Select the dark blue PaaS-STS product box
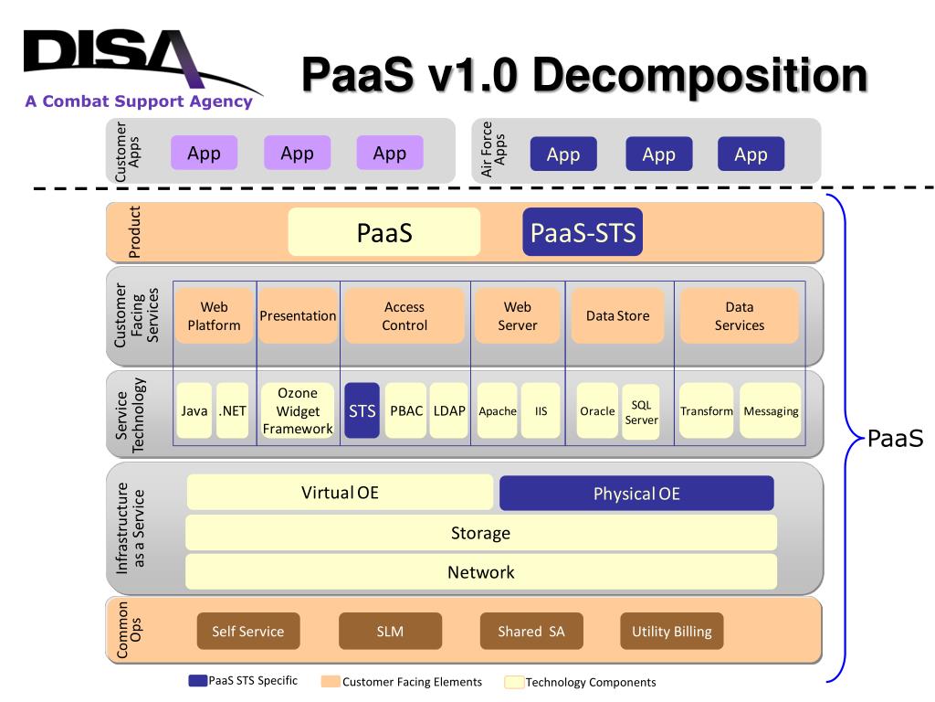(583, 232)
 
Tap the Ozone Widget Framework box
(298, 410)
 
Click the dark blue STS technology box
(362, 410)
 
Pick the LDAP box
(449, 410)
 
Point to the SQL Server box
(641, 412)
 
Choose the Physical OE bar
(636, 493)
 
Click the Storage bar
(480, 533)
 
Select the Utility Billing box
(671, 631)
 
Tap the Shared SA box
(531, 631)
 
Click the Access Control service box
(404, 315)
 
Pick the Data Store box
(618, 315)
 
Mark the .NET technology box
(233, 410)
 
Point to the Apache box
(498, 410)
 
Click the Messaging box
(771, 410)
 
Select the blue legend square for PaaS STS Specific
(197, 680)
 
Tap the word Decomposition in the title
(700, 76)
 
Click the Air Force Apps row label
(493, 149)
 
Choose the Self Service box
(248, 631)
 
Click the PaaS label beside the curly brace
(895, 438)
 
